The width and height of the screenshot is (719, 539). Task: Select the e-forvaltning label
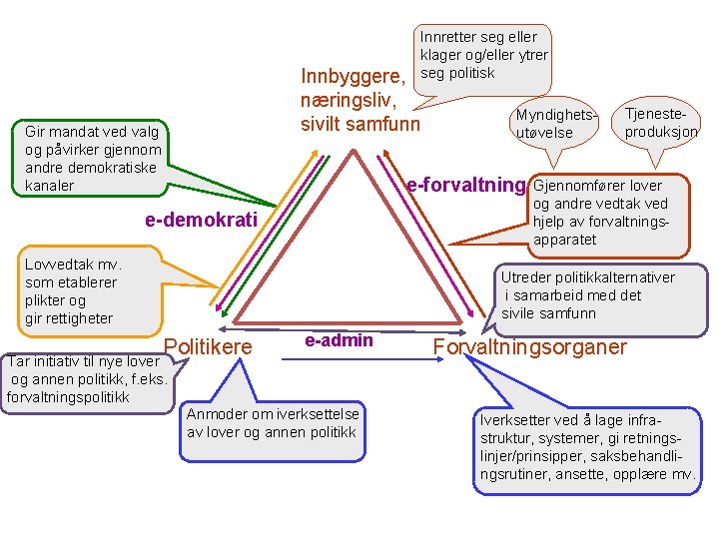465,185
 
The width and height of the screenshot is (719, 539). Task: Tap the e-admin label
339,340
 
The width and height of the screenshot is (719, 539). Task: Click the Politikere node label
208,346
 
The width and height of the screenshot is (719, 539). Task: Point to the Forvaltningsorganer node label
529,346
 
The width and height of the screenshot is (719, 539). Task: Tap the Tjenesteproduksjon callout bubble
660,123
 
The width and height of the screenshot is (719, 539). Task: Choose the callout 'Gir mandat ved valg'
92,157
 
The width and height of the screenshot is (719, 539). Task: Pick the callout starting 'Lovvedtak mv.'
75,291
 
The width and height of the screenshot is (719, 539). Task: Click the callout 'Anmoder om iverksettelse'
272,423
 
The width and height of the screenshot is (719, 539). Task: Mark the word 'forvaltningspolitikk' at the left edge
67,397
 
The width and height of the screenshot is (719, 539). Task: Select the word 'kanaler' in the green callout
50,186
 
